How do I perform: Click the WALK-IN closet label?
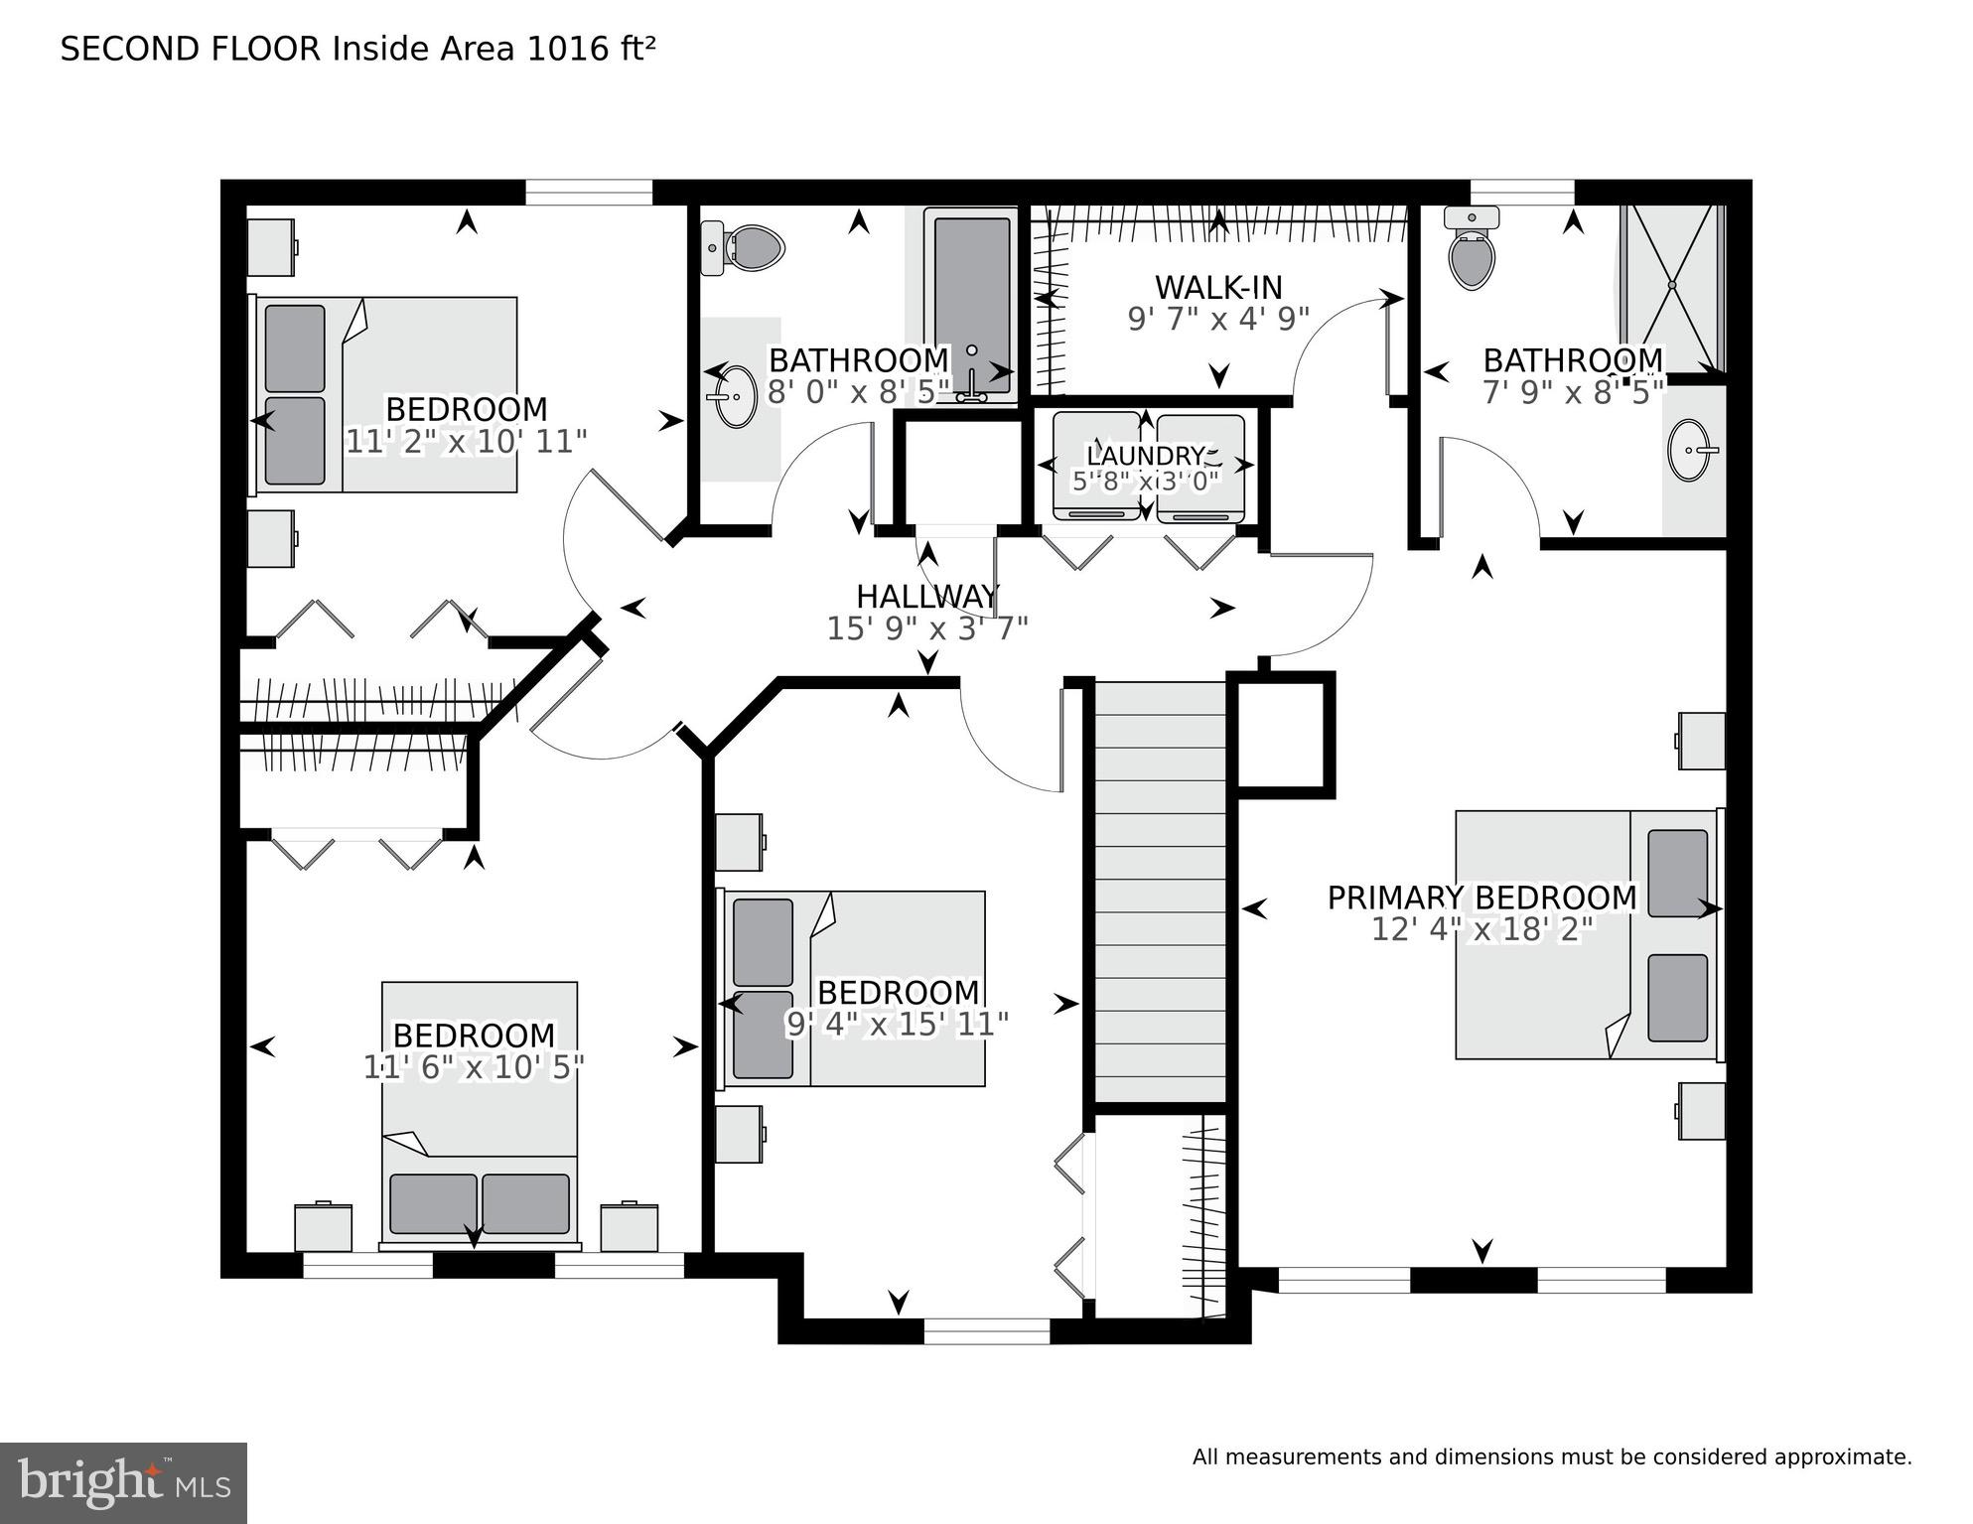pos(1218,288)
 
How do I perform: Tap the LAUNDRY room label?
pos(1145,457)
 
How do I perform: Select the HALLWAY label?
pos(927,597)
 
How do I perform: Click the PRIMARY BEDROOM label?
pos(1481,898)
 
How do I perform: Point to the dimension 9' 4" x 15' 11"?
pos(897,1025)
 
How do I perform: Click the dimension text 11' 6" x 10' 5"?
pos(474,1067)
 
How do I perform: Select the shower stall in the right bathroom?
pos(1671,287)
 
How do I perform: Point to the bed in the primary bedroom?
pos(1587,934)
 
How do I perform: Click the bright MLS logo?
pos(123,1483)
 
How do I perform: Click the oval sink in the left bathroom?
pos(736,396)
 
